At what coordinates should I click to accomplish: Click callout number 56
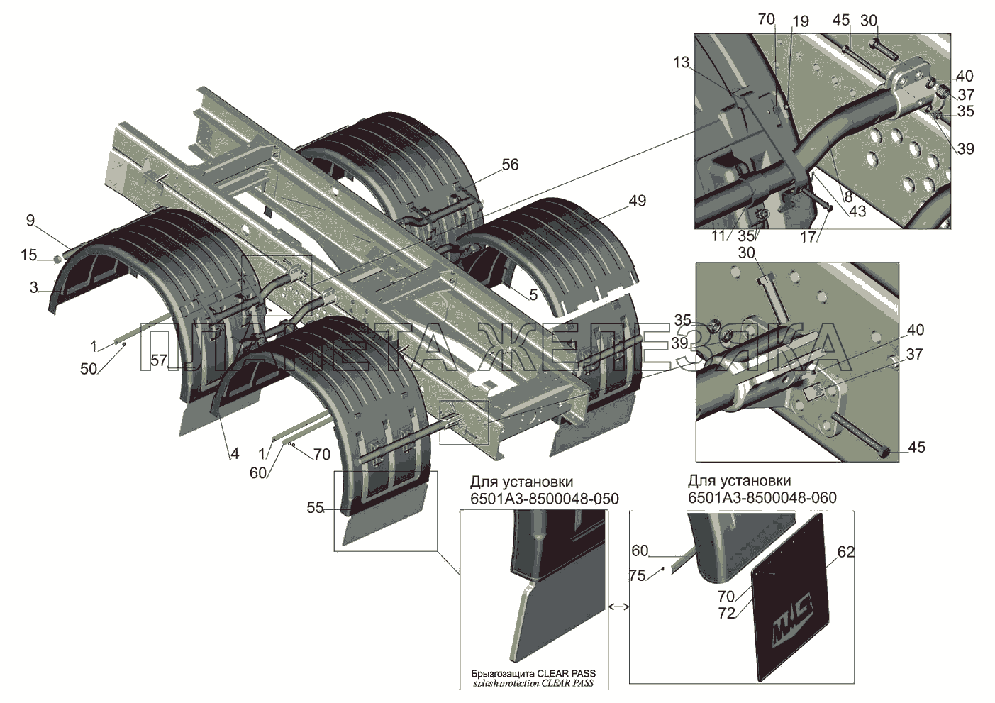pos(510,165)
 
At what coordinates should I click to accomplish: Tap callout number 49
pos(637,201)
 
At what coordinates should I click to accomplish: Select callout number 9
pos(30,220)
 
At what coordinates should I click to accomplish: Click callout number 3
pos(34,287)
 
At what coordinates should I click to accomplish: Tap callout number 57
pos(159,361)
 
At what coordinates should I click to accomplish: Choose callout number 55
pos(315,508)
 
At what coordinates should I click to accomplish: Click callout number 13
pos(682,63)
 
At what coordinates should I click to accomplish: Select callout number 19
pos(800,22)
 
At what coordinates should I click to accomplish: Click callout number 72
pos(726,614)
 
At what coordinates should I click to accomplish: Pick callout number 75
pos(637,575)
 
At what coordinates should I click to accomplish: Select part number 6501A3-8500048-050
pos(544,499)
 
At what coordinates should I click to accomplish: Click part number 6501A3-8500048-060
pos(762,498)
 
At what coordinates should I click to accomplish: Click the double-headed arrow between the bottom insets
pos(618,607)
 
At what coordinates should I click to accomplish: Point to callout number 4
pos(234,455)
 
